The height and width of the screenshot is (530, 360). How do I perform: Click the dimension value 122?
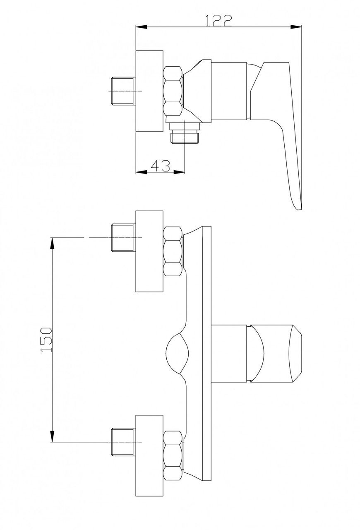tap(218, 21)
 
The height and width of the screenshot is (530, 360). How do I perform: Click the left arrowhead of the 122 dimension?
tap(142, 27)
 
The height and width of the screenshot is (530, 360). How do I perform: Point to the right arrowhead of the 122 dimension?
tap(296, 27)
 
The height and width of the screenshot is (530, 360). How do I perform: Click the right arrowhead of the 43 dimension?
tap(179, 172)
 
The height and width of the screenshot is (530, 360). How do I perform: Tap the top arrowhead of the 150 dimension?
tap(52, 243)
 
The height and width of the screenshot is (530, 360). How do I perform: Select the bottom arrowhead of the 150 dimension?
tap(52, 436)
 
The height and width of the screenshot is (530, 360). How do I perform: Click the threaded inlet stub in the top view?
tap(123, 91)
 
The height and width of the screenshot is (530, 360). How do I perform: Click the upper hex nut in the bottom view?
tap(173, 251)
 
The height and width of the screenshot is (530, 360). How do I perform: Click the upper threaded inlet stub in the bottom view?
tap(123, 238)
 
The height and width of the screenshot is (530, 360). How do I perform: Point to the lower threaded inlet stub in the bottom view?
tap(123, 442)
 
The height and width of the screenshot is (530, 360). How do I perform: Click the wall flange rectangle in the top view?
tap(149, 91)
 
